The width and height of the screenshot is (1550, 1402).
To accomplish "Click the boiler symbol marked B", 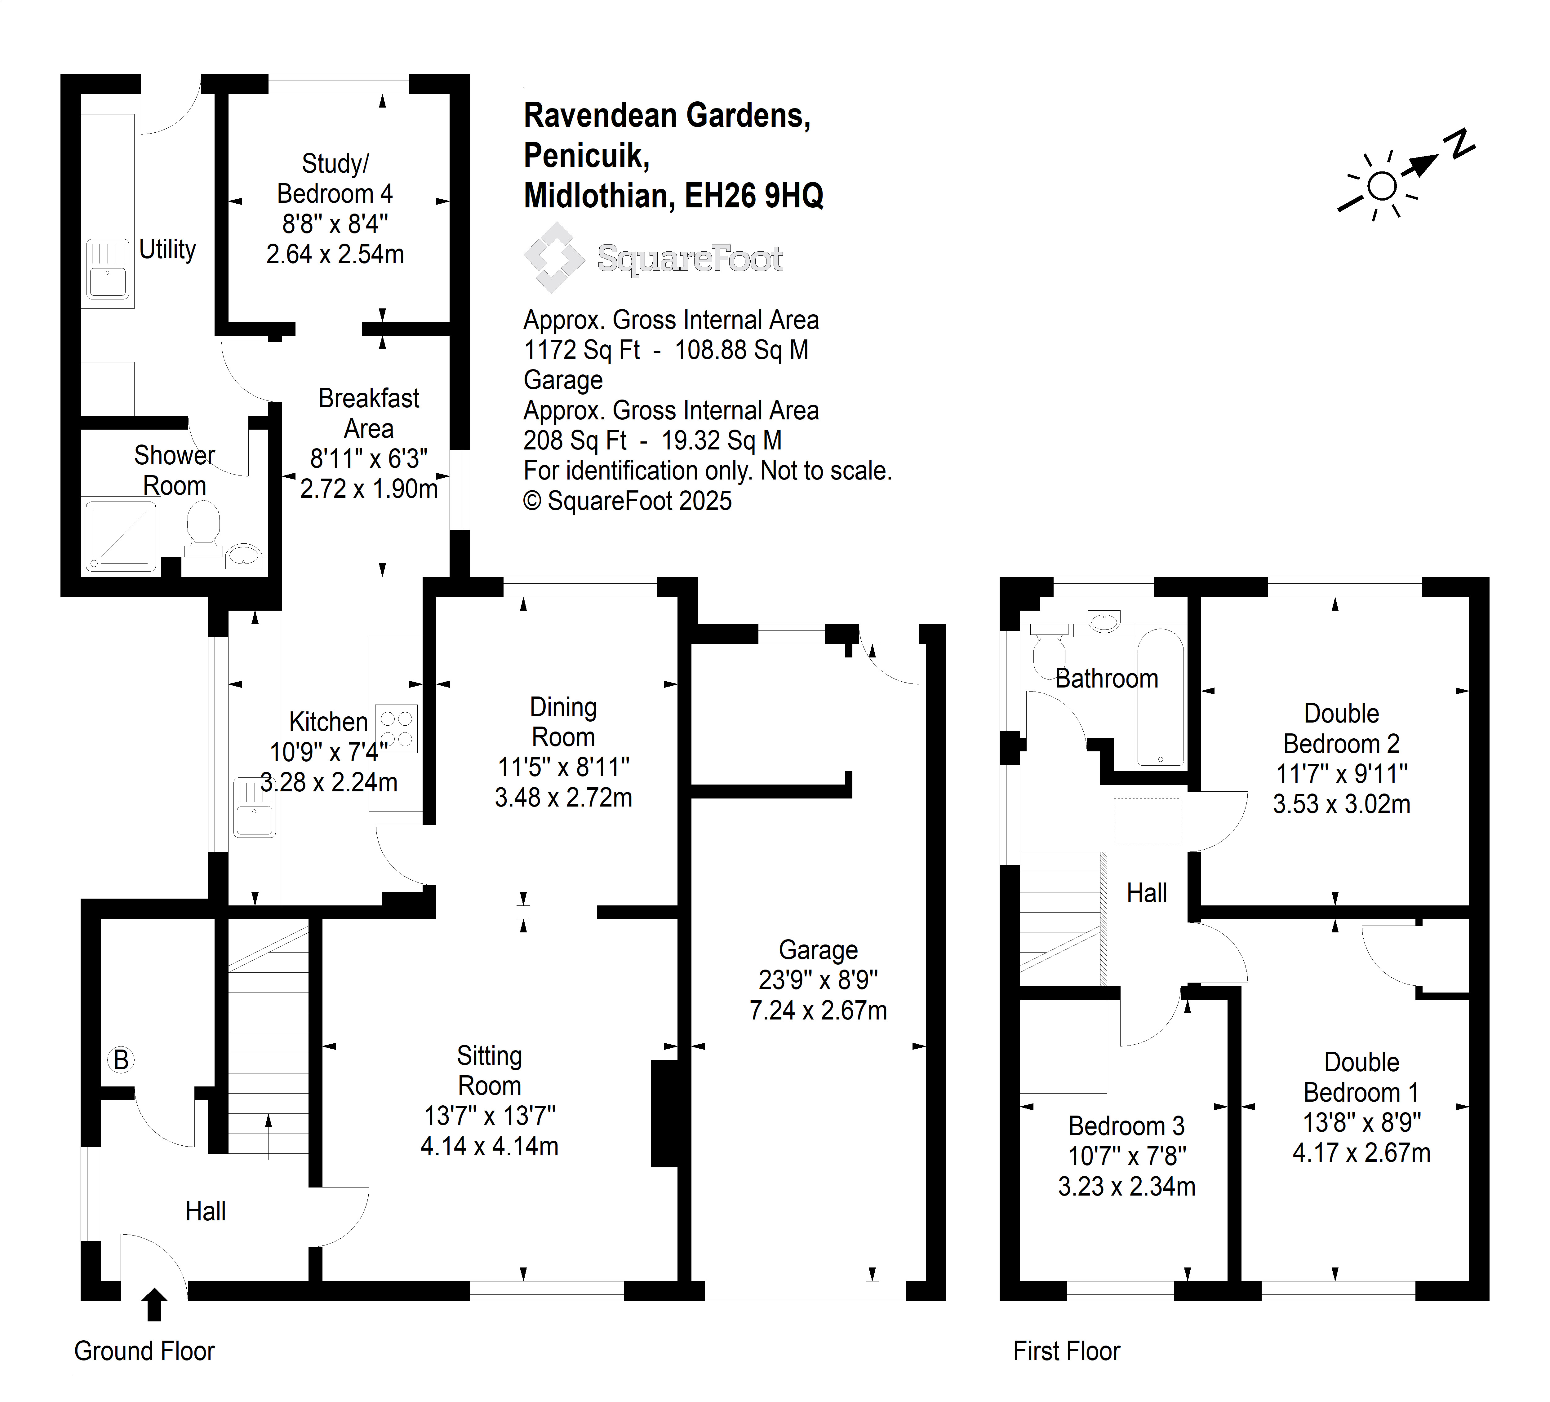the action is tap(121, 1060).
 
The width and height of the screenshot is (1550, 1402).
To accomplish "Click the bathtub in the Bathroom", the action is tap(1160, 698).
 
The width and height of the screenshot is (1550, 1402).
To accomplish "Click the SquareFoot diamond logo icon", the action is tap(553, 258).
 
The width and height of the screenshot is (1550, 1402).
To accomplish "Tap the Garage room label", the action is tap(818, 950).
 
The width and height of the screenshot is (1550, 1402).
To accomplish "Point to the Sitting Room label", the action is tap(490, 1071).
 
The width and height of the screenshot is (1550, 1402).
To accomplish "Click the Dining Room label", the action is tap(564, 722).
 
